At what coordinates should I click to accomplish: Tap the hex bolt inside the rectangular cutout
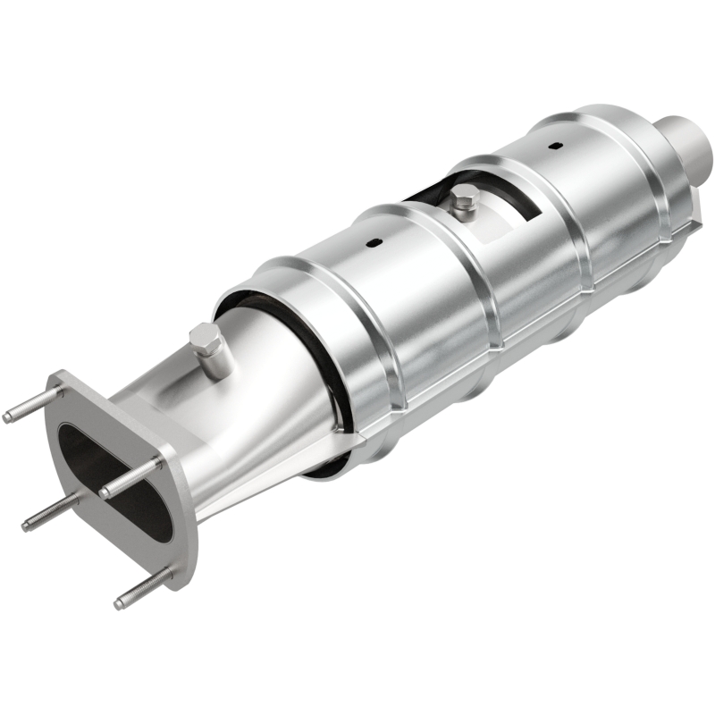[462, 198]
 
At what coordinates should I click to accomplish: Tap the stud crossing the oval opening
[134, 477]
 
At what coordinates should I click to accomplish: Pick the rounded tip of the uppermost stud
[8, 417]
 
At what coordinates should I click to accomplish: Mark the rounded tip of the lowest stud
[119, 605]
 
